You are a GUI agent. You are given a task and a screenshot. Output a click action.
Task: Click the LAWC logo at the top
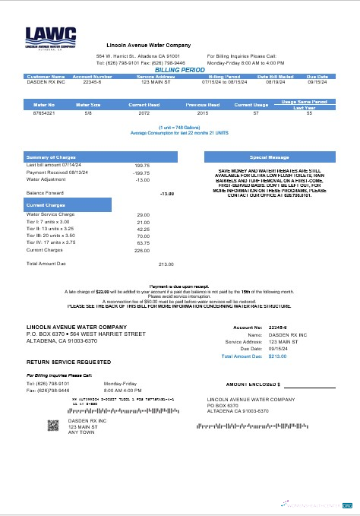(50, 37)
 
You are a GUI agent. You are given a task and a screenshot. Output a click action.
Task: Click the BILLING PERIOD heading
(179, 69)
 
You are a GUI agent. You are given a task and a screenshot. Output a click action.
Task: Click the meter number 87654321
(44, 112)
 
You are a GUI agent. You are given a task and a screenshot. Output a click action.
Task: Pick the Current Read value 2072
(144, 112)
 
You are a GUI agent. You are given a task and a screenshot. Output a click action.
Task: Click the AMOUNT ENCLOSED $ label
(253, 385)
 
